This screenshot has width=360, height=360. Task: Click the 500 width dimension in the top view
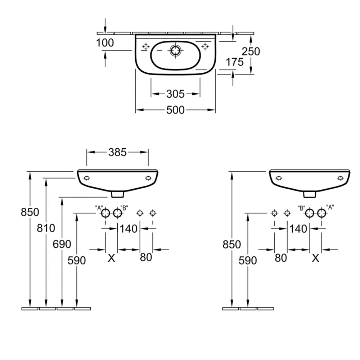tap(175, 110)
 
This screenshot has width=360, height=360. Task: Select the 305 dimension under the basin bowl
tap(175, 94)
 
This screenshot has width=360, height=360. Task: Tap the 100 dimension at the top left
tap(105, 43)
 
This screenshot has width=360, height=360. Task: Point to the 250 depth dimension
tap(251, 51)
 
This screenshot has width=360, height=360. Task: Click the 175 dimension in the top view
tap(234, 62)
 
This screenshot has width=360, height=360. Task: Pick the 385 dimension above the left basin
tap(117, 152)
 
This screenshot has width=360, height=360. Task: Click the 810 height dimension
tap(46, 228)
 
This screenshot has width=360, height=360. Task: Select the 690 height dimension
tap(62, 244)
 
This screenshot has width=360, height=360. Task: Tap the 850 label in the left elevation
tap(30, 212)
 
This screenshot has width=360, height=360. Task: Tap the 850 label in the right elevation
tap(232, 244)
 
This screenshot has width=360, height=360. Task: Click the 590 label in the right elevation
tap(248, 260)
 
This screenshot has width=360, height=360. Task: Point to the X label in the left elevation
tap(112, 258)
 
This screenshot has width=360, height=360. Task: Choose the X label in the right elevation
tap(316, 258)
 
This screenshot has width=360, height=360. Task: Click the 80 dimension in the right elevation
tap(281, 258)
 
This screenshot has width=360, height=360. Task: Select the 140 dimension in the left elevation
tap(128, 228)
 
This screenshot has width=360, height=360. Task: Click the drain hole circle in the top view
tap(176, 51)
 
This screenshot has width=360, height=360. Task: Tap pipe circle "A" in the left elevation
tap(105, 213)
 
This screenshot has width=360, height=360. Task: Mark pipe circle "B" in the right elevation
tap(309, 213)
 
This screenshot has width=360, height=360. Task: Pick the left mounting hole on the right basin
tap(278, 178)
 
